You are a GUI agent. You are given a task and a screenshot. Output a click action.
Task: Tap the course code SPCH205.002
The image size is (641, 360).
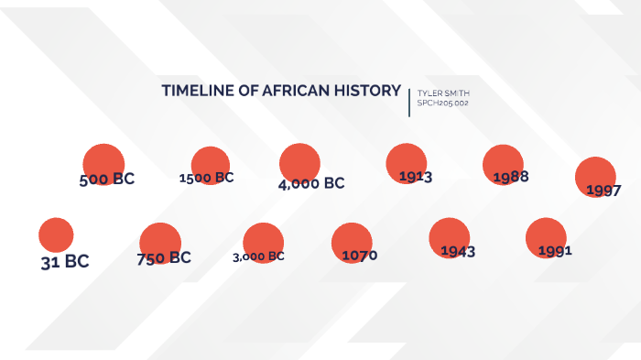click(443, 104)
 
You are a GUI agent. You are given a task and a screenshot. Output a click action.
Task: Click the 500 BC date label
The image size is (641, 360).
click(107, 180)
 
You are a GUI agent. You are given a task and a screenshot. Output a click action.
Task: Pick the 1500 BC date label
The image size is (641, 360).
click(207, 178)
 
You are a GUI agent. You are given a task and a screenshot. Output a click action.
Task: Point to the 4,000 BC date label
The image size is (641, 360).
click(311, 183)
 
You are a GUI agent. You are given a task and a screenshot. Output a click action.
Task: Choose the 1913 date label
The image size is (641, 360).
click(416, 176)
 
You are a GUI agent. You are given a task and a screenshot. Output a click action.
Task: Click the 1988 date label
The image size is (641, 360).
click(511, 177)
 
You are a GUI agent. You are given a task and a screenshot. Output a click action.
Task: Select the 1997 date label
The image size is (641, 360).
click(603, 191)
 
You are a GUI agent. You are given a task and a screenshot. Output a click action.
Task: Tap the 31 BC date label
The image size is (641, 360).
click(65, 261)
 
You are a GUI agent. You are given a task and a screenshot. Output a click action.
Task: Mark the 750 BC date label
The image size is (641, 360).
click(164, 257)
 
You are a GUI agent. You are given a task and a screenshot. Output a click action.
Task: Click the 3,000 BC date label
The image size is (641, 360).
click(259, 256)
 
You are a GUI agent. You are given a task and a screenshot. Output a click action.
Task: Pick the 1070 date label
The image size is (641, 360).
click(359, 255)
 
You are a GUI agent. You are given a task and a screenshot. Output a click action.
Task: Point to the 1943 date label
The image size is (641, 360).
click(458, 251)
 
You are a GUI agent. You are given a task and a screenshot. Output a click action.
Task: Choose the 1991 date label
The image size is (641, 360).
click(555, 250)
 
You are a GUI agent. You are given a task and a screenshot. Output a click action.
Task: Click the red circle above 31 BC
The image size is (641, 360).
click(56, 235)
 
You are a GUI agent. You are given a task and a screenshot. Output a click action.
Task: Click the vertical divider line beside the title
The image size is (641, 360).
click(409, 99)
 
